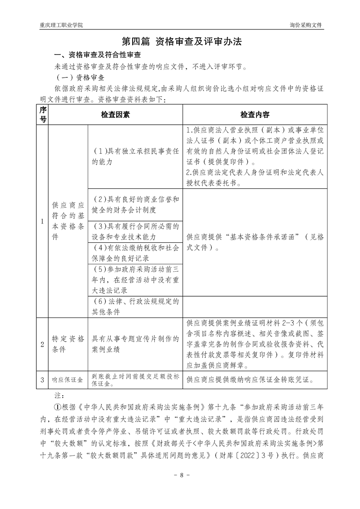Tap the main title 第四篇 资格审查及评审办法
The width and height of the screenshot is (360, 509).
click(x=180, y=41)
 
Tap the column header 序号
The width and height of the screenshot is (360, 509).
click(x=43, y=115)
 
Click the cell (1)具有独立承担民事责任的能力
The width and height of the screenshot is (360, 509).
click(x=135, y=156)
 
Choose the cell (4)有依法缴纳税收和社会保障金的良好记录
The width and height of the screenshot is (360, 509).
click(x=135, y=253)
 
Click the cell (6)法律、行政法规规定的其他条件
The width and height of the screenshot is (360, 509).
click(x=135, y=306)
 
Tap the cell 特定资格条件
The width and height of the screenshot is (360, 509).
click(x=68, y=344)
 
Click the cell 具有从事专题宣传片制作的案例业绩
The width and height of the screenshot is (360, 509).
click(x=135, y=344)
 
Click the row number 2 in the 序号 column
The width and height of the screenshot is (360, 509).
click(x=43, y=344)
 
